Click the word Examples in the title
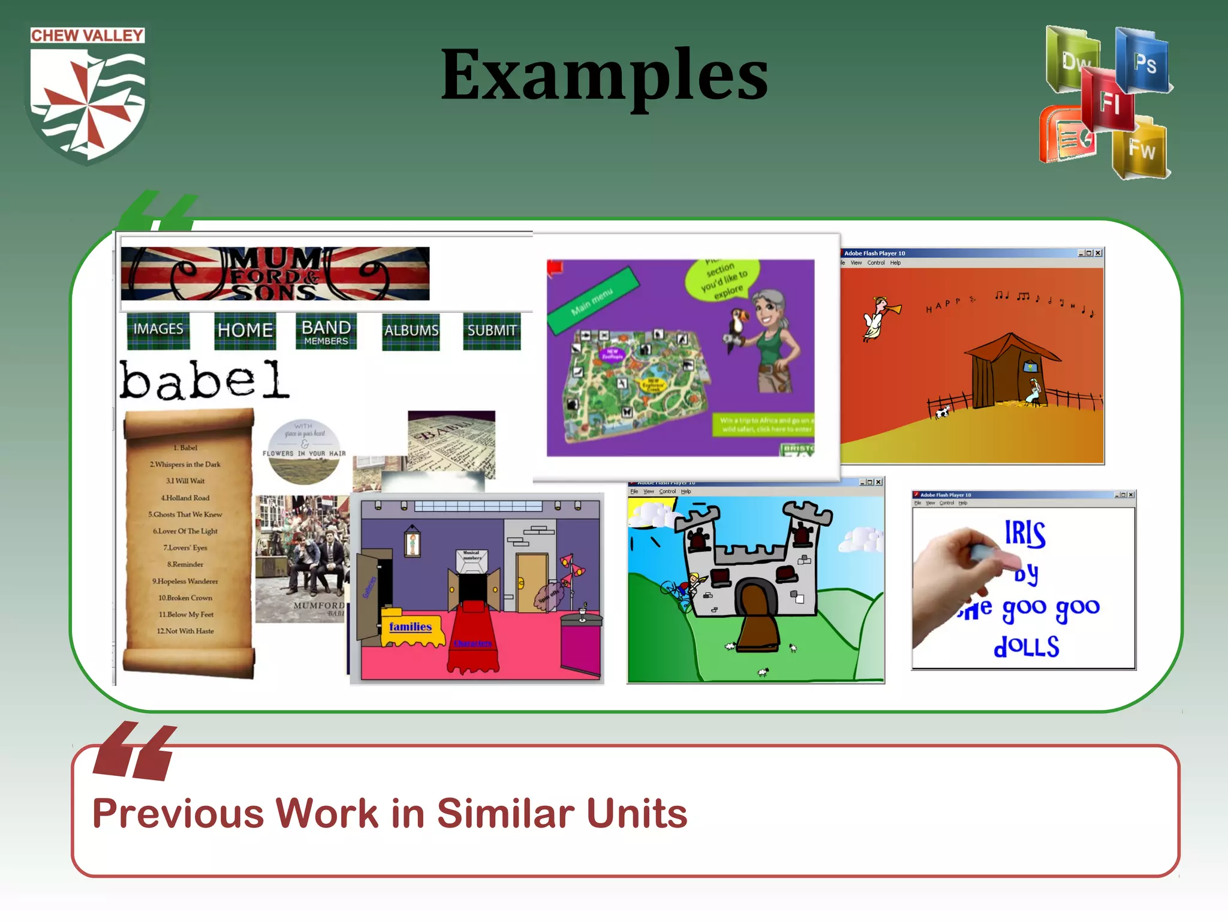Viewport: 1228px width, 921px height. pyautogui.click(x=604, y=76)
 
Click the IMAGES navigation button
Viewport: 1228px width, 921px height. pyautogui.click(x=158, y=330)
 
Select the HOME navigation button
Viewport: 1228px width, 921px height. pyautogui.click(x=245, y=330)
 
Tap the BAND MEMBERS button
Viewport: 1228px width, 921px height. pyautogui.click(x=326, y=332)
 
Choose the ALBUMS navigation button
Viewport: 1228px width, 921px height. pyautogui.click(x=411, y=331)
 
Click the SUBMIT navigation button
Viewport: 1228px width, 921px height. pyautogui.click(x=492, y=331)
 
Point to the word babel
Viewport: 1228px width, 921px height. pyautogui.click(x=204, y=380)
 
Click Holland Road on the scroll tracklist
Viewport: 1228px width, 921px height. pyautogui.click(x=185, y=498)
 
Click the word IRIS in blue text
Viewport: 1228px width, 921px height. pyautogui.click(x=1025, y=534)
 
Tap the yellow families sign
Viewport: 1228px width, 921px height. pyautogui.click(x=411, y=627)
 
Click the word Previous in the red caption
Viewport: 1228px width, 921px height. pyautogui.click(x=179, y=814)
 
